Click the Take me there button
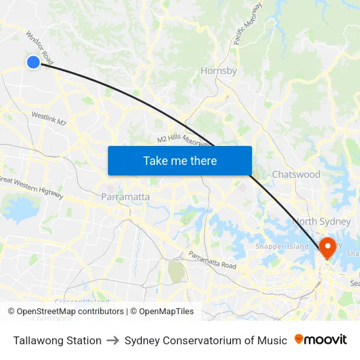point(180,160)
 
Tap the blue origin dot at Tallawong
point(33,62)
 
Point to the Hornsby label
point(219,71)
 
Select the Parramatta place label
point(126,196)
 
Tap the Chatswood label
point(296,175)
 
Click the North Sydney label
point(322,221)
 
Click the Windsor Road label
point(39,47)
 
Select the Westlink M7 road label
point(49,118)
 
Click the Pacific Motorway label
point(247,24)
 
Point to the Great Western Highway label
point(31,187)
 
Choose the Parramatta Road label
point(212,261)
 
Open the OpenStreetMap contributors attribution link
point(70,312)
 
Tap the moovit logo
point(321,340)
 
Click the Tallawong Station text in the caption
point(57,340)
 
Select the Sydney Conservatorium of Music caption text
point(206,340)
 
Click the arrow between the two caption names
point(113,340)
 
